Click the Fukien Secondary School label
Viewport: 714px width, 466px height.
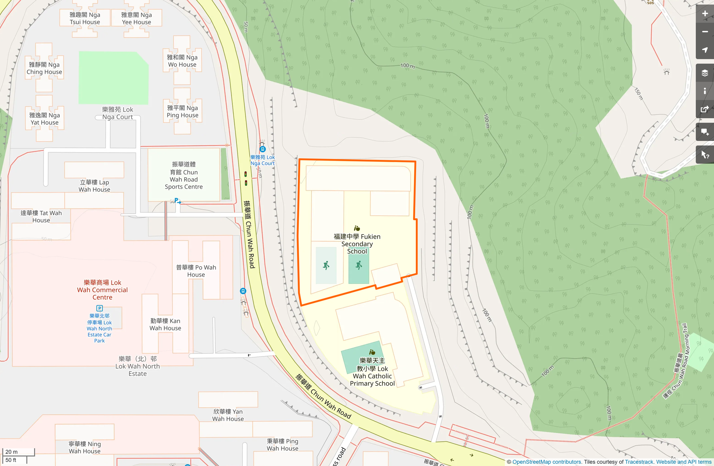tap(357, 244)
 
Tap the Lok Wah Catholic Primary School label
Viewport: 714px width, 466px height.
tap(372, 372)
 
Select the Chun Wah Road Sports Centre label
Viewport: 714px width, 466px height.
tap(184, 175)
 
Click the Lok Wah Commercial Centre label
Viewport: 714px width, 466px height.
tap(102, 290)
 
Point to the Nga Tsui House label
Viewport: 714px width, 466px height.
tap(85, 18)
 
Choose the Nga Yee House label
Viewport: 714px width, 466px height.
tap(136, 18)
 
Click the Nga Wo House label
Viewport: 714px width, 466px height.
tap(182, 61)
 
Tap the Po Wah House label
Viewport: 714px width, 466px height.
tap(196, 271)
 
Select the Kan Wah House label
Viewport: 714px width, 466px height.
tap(165, 324)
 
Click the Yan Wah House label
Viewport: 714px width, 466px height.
tap(228, 415)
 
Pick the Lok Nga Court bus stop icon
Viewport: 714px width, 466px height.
tap(262, 149)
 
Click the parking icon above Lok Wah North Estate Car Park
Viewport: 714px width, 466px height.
tap(99, 308)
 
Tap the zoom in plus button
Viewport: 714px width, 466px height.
tap(705, 14)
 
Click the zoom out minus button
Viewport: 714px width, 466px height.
tap(705, 32)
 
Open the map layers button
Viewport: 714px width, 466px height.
tap(705, 73)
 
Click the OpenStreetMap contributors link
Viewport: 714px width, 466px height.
tap(546, 462)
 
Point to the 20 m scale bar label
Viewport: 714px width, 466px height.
tap(12, 452)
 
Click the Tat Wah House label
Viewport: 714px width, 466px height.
tap(41, 216)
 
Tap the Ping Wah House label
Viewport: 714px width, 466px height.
tap(282, 444)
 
